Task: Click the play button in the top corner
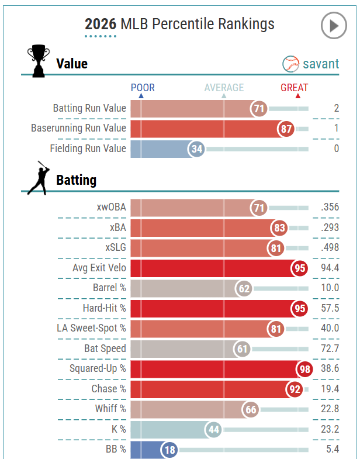click(x=334, y=26)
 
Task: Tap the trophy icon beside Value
click(x=39, y=61)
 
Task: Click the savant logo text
click(x=320, y=64)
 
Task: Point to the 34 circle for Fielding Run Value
click(x=197, y=149)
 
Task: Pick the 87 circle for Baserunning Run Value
click(x=286, y=129)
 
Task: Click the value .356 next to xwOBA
click(x=330, y=207)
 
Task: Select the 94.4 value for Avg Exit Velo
click(x=330, y=268)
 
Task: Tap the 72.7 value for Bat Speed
click(x=330, y=348)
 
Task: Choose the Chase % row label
click(x=109, y=389)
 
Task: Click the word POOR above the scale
click(x=143, y=88)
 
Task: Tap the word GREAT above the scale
click(x=294, y=88)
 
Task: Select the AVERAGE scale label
click(x=224, y=88)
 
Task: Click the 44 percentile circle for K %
click(x=213, y=430)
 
